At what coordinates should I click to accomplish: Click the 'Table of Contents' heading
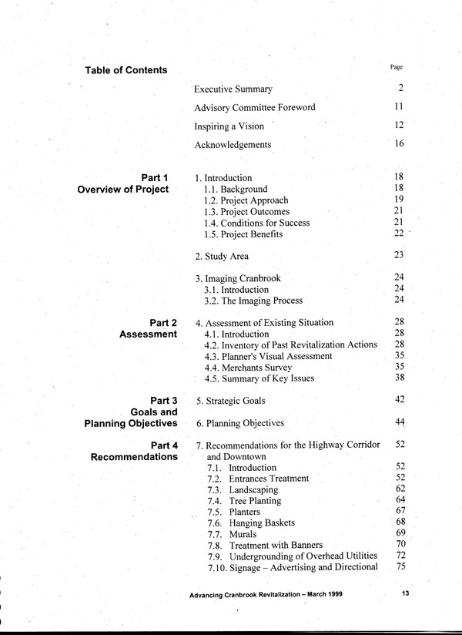(126, 70)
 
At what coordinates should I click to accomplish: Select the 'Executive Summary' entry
(233, 89)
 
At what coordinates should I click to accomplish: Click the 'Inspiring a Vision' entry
(229, 126)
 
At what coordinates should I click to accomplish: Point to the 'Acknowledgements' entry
(233, 144)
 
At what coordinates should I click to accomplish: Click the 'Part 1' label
(155, 178)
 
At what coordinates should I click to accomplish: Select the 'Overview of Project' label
(123, 190)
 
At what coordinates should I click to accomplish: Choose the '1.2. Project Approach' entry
(246, 200)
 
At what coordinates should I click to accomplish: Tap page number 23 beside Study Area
(399, 255)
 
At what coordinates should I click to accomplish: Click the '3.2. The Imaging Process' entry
(253, 301)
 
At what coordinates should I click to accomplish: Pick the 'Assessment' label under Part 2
(148, 334)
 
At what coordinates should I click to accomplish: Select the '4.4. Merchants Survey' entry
(249, 368)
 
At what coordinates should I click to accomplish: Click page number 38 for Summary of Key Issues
(399, 378)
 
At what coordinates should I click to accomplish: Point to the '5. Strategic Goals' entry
(234, 401)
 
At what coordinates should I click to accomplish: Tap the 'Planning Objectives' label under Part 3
(131, 423)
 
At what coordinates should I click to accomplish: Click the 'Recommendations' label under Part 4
(135, 457)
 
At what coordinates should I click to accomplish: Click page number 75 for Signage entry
(400, 566)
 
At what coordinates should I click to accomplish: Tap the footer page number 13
(406, 594)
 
